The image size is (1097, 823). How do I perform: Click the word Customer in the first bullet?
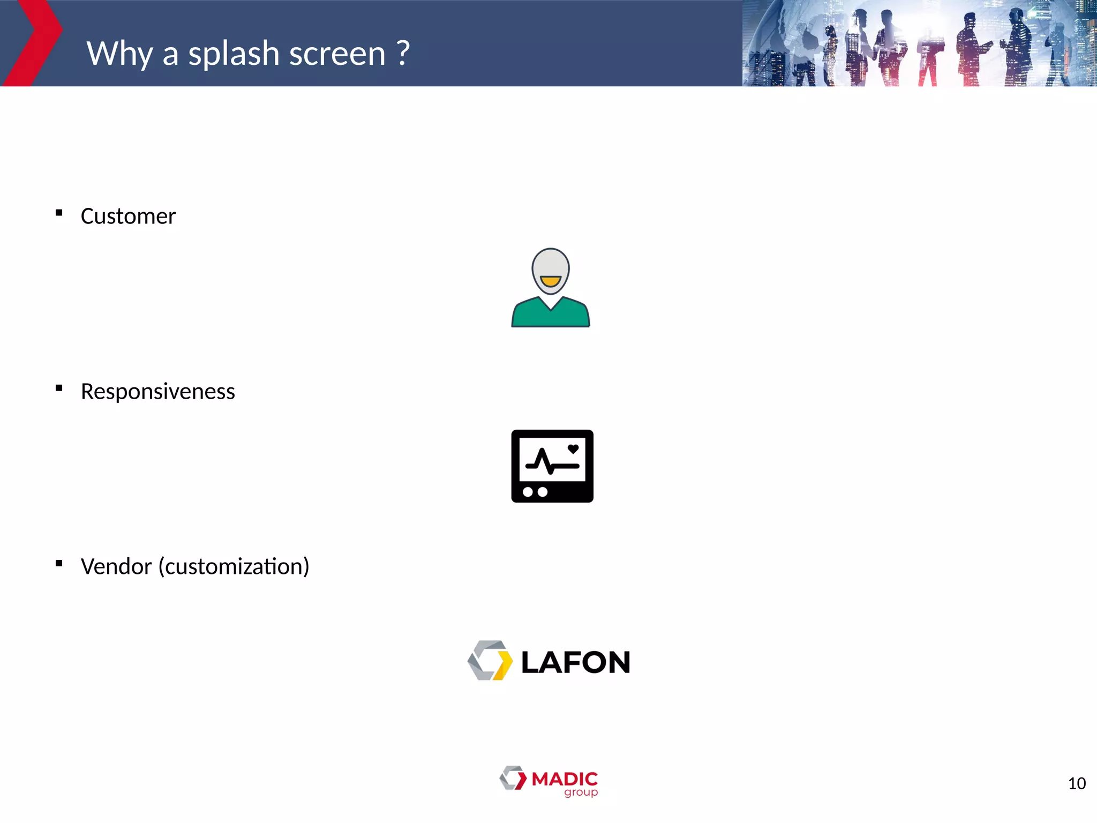point(128,216)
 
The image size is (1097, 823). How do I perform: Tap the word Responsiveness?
point(157,392)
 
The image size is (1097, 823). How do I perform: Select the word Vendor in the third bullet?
point(116,567)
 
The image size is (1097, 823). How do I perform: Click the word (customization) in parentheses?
point(234,567)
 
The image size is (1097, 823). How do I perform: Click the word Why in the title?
point(119,54)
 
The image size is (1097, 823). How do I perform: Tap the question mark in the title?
point(403,53)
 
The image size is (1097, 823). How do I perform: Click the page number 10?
point(1077,784)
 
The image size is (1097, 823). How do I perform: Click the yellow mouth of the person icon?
point(551,281)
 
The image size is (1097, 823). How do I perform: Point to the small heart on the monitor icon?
point(573,449)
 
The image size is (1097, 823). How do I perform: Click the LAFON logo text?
point(575,662)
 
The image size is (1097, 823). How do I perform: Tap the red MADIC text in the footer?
point(565,779)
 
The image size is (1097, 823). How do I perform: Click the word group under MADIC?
point(581,792)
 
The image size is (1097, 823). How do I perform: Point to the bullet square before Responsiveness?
point(59,388)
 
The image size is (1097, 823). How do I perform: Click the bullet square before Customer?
point(59,213)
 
